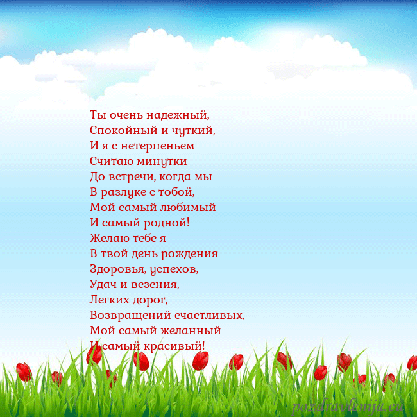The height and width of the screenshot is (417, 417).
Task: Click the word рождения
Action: click(x=190, y=254)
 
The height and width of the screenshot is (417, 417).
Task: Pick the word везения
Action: click(x=156, y=285)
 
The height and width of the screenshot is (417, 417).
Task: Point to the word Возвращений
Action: click(x=126, y=316)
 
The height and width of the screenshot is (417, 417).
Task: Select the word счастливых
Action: click(x=205, y=316)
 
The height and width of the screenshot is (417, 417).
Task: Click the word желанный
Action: click(x=192, y=331)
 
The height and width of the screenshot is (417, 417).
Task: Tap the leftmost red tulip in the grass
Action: click(x=24, y=371)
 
